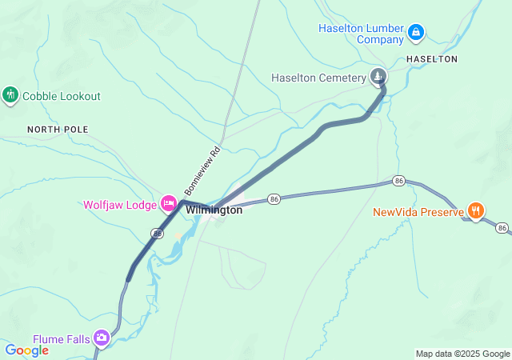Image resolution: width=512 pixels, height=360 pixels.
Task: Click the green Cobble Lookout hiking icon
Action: pyautogui.click(x=10, y=96)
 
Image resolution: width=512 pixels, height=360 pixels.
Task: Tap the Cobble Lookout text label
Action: pyautogui.click(x=62, y=96)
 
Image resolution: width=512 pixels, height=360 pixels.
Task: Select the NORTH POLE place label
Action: pyautogui.click(x=58, y=129)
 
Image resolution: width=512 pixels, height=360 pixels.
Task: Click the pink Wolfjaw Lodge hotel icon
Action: pyautogui.click(x=169, y=204)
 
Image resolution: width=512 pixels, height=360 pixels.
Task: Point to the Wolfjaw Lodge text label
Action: pyautogui.click(x=120, y=205)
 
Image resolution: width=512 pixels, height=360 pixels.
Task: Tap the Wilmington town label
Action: pyautogui.click(x=214, y=210)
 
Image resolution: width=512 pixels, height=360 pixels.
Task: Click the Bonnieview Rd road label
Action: pyautogui.click(x=202, y=170)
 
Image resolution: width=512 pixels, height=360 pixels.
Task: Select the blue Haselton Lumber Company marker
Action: pyautogui.click(x=415, y=33)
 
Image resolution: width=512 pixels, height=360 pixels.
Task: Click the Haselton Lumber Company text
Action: pyautogui.click(x=361, y=33)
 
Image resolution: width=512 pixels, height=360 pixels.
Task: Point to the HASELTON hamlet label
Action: pyautogui.click(x=431, y=59)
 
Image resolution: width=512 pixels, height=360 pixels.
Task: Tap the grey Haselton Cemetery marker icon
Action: pyautogui.click(x=378, y=77)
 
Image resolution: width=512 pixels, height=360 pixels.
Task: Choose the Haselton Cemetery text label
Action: pyautogui.click(x=318, y=78)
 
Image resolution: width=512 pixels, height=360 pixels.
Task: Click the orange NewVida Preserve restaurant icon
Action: pyautogui.click(x=476, y=211)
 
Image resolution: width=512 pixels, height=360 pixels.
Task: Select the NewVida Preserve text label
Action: pyautogui.click(x=418, y=212)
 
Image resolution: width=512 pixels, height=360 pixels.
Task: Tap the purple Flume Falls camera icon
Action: pyautogui.click(x=102, y=338)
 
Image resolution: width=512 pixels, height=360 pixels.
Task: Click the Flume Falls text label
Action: pyautogui.click(x=61, y=338)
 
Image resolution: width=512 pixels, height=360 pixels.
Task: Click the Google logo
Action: pyautogui.click(x=27, y=350)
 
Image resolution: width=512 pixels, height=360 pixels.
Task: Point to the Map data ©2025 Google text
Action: pyautogui.click(x=462, y=354)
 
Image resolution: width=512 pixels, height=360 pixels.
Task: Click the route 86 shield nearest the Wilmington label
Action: pyautogui.click(x=274, y=198)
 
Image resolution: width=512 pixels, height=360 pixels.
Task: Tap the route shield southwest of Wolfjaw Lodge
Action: pyautogui.click(x=157, y=233)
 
